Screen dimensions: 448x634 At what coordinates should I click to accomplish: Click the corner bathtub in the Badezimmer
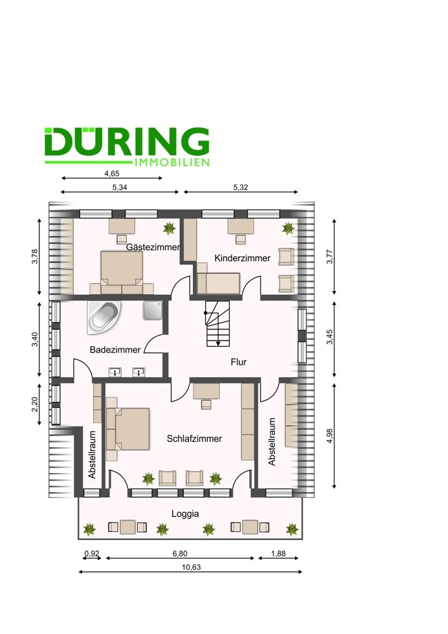[x=104, y=318]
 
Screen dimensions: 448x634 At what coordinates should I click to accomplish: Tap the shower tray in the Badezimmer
[x=152, y=310]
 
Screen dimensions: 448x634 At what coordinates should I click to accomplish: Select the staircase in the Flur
[x=217, y=323]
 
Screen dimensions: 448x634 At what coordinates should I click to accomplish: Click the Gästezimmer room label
[x=152, y=247]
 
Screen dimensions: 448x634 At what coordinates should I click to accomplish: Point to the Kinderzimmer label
[x=242, y=258]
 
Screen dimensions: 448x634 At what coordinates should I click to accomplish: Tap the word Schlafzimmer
[x=194, y=439]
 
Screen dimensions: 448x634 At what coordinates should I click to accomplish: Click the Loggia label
[x=185, y=514]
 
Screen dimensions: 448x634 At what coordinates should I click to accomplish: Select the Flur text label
[x=239, y=362]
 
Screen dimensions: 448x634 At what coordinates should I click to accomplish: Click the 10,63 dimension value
[x=191, y=567]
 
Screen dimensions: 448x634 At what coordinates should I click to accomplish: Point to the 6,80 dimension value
[x=180, y=553]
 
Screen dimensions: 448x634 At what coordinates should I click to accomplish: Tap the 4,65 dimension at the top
[x=112, y=174]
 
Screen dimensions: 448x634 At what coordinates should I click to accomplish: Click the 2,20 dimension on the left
[x=34, y=404]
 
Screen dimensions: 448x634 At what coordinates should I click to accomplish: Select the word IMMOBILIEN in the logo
[x=171, y=162]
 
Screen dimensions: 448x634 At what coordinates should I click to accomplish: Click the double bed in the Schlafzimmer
[x=128, y=429]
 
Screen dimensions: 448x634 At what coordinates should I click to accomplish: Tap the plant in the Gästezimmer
[x=169, y=228]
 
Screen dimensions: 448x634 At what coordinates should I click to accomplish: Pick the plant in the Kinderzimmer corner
[x=288, y=228]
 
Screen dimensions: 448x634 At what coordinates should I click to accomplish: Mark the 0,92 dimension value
[x=92, y=553]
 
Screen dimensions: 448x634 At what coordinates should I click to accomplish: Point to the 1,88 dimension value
[x=279, y=553]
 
